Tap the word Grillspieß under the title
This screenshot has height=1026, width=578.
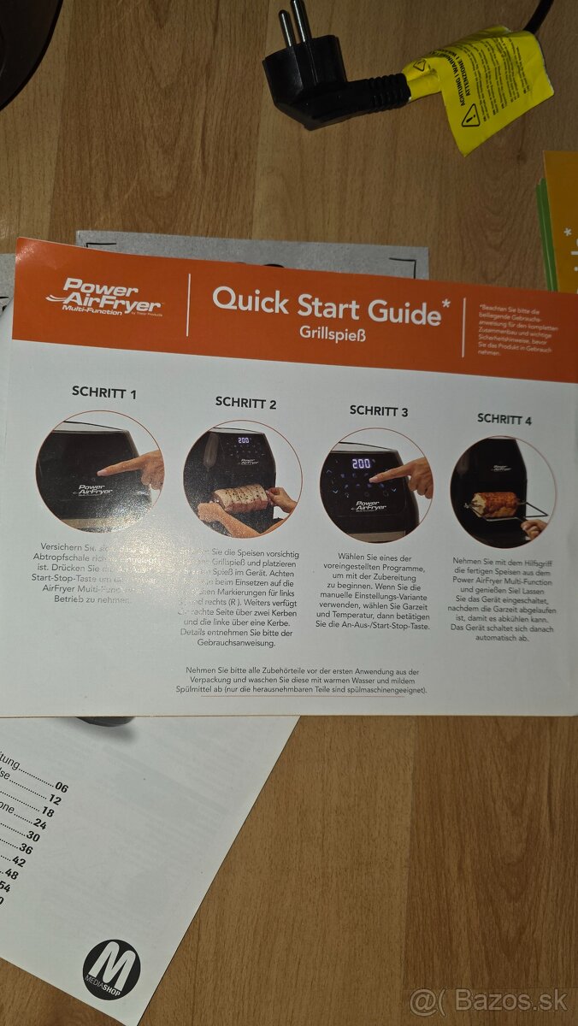point(332,333)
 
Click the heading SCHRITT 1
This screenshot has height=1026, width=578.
point(103,392)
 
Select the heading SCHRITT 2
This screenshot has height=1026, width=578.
point(245,402)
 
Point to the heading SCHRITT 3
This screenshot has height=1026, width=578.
point(379,411)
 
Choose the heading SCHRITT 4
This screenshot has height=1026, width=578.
point(504,419)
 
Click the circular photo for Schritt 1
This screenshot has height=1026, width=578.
point(99,472)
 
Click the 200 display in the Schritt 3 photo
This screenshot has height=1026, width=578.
point(361,463)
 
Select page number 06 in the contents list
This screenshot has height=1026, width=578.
point(61,787)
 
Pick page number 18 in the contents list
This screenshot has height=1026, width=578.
point(47,812)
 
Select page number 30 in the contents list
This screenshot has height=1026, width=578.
point(32,836)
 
